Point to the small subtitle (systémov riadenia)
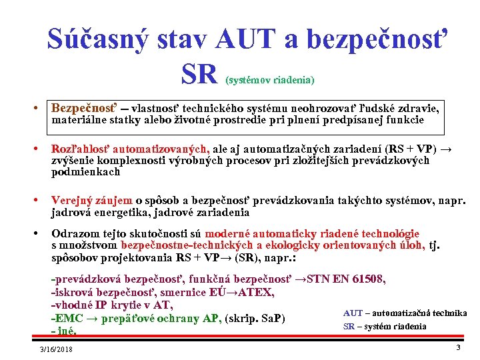click(x=270, y=80)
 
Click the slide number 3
click(x=458, y=347)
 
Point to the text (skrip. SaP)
click(x=256, y=318)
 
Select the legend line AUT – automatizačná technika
click(x=405, y=313)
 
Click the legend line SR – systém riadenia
click(x=385, y=326)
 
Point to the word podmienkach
click(x=86, y=171)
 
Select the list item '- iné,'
click(x=64, y=331)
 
